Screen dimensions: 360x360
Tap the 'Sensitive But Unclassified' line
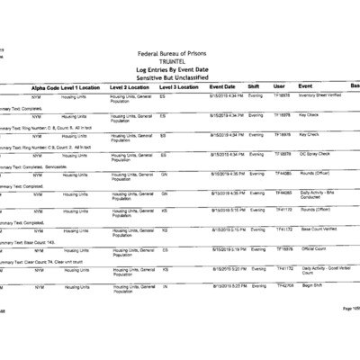(179, 77)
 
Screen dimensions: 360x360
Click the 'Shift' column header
(254, 86)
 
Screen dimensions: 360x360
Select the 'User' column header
(279, 86)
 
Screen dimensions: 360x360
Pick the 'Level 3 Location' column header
(179, 86)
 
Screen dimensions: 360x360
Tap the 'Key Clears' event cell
(309, 115)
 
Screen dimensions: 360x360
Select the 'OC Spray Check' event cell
(314, 154)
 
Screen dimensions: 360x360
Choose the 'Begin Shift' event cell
(311, 285)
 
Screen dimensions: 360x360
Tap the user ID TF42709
(284, 285)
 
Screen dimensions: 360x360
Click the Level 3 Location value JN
(163, 285)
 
